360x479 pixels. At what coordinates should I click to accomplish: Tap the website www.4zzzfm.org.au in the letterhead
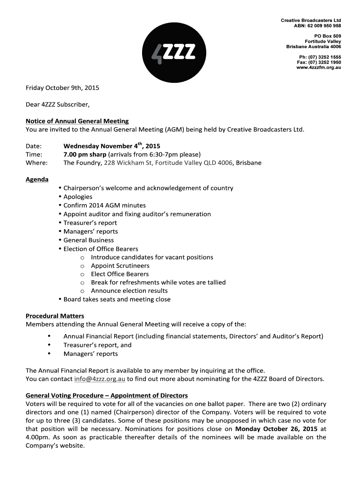click(x=318, y=68)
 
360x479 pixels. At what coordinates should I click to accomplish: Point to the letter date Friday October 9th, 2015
click(x=62, y=87)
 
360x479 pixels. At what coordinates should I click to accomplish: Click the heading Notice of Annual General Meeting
click(x=77, y=121)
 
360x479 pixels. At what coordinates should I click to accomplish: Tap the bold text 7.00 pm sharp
click(x=85, y=154)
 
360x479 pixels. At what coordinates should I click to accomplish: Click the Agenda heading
click(x=37, y=179)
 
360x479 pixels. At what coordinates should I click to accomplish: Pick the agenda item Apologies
click(x=78, y=197)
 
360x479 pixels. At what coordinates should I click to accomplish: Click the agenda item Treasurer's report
click(x=90, y=223)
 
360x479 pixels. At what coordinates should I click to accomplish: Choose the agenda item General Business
click(x=88, y=240)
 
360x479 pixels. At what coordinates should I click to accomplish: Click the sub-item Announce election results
click(x=129, y=290)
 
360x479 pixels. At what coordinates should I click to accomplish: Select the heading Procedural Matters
click(x=55, y=316)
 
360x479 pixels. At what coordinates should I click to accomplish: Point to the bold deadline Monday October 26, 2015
click(x=276, y=428)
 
